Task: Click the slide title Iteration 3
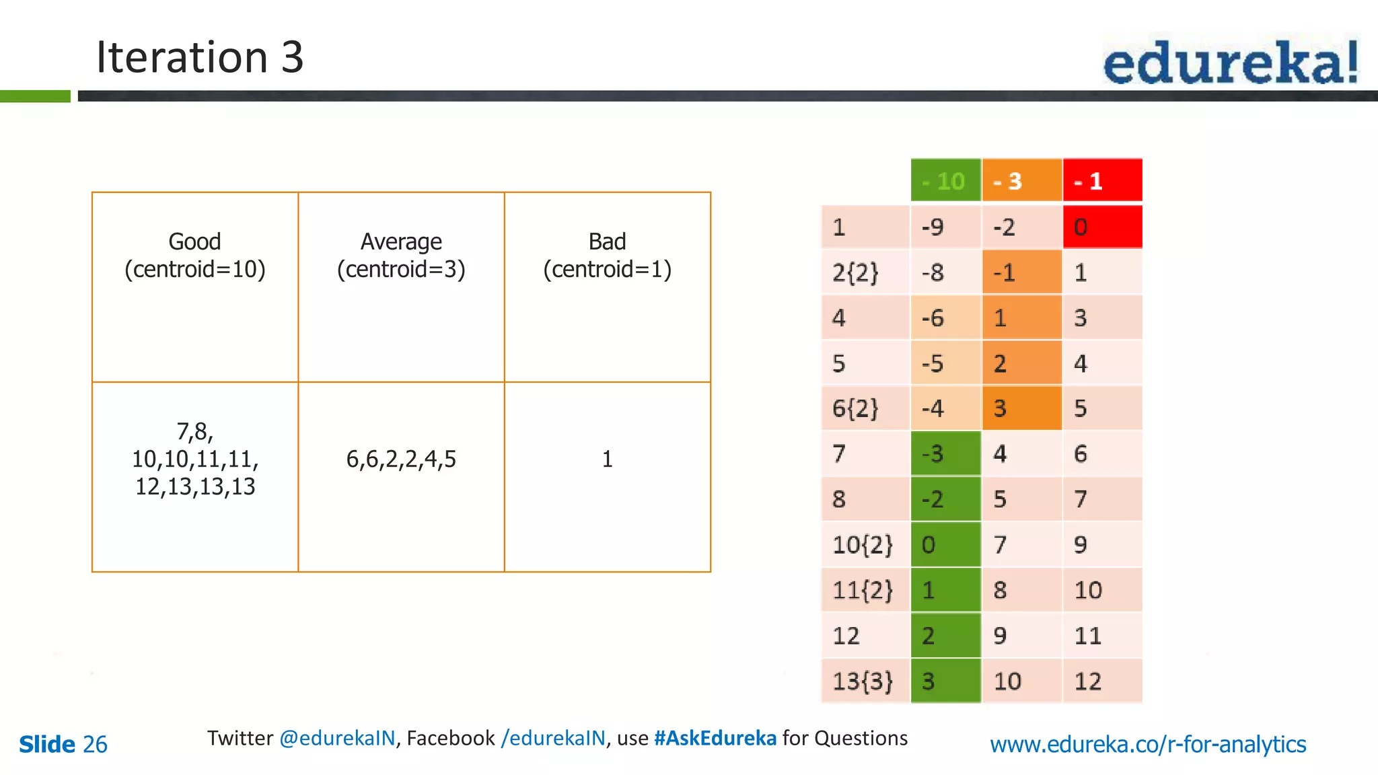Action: (x=200, y=57)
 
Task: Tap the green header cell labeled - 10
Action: (x=945, y=180)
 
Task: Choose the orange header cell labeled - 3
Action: (x=1021, y=180)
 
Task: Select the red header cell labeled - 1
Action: (x=1102, y=180)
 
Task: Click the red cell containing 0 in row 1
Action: (x=1102, y=227)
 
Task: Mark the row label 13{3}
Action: (x=864, y=681)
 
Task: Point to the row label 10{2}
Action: (x=864, y=544)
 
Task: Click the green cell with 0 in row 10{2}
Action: (x=945, y=544)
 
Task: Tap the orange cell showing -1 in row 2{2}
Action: (x=1021, y=272)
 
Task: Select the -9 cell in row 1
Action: (x=945, y=227)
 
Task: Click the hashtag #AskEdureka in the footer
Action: (x=715, y=739)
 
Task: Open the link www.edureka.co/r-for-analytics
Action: (x=1148, y=745)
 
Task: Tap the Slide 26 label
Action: (x=63, y=745)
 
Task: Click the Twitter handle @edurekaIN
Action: (x=337, y=739)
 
